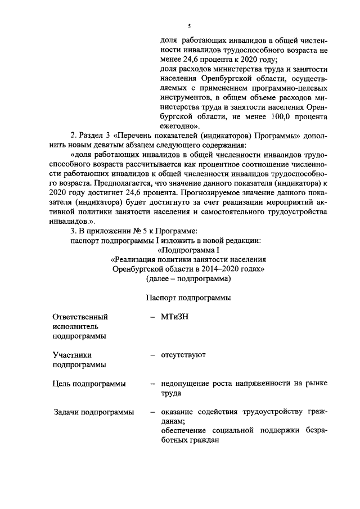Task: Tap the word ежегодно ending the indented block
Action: pos(177,126)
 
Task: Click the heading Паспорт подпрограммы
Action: pos(188,298)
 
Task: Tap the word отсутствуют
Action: pos(183,355)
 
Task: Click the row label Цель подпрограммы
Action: pos(89,384)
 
